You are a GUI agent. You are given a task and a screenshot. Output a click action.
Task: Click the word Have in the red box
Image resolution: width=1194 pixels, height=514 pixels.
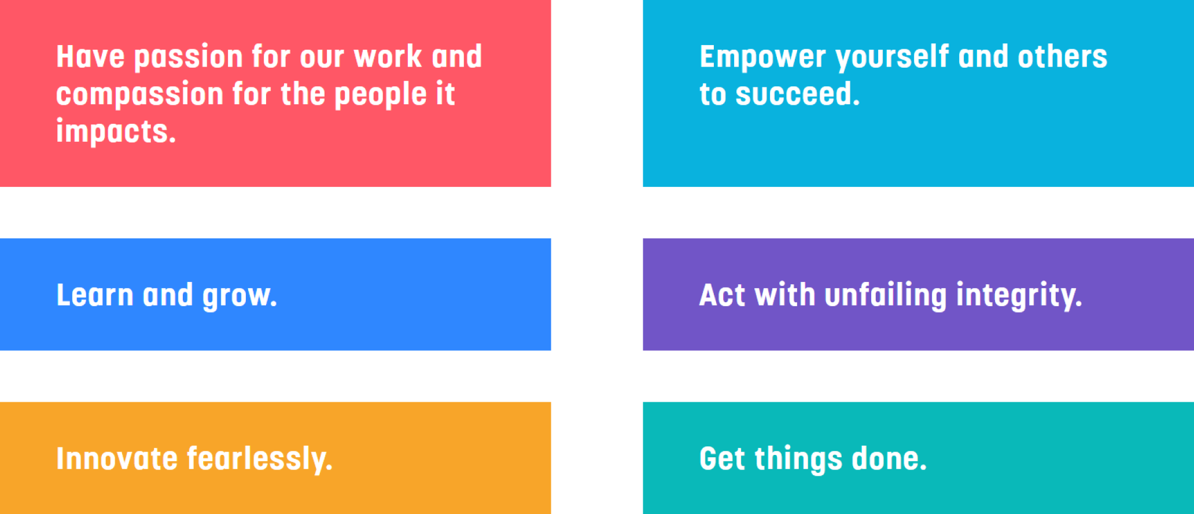(x=90, y=57)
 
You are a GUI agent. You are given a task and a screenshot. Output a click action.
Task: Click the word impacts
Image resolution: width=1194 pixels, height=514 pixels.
(x=116, y=132)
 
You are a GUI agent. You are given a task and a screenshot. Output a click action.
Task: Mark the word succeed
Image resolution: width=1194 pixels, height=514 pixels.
(x=797, y=94)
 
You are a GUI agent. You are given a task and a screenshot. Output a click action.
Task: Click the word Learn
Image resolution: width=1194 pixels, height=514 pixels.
(x=95, y=295)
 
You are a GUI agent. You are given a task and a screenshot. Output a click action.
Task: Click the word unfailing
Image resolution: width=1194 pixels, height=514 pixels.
(x=886, y=296)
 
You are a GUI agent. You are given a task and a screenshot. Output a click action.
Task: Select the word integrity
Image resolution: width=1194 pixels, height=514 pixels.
(x=1019, y=296)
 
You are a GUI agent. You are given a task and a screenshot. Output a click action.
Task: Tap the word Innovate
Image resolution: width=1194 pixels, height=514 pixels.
(x=117, y=459)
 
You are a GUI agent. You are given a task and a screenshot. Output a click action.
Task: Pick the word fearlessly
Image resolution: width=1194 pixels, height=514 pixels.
(x=260, y=460)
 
